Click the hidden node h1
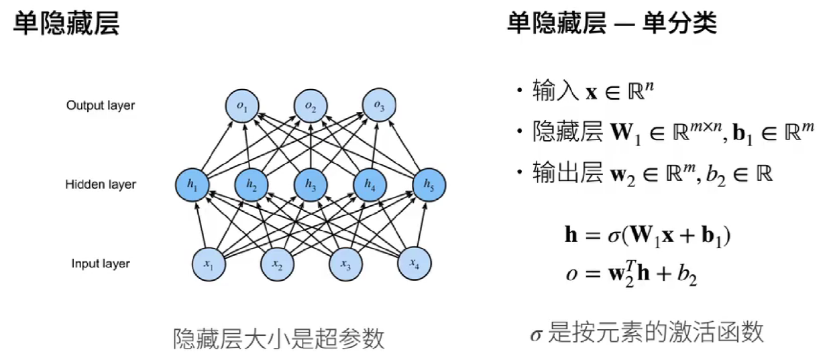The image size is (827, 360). coord(192,185)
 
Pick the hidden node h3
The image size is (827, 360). coord(310,185)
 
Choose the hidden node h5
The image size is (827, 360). coord(429,185)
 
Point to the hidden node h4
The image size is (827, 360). coord(370,185)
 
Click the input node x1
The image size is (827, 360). coord(209,263)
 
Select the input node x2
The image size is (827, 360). coord(276,263)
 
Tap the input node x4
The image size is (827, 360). coord(413,263)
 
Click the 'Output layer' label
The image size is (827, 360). coord(101,106)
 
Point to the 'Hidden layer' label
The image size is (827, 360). coord(101,184)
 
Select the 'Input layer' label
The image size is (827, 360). coord(101,263)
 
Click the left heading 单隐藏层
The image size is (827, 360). coord(66,24)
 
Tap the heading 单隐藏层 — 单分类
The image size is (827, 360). coord(612,24)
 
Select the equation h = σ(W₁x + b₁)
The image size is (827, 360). coord(647,236)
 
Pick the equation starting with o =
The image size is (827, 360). coord(630,276)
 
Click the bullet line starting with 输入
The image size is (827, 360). coord(590,92)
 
